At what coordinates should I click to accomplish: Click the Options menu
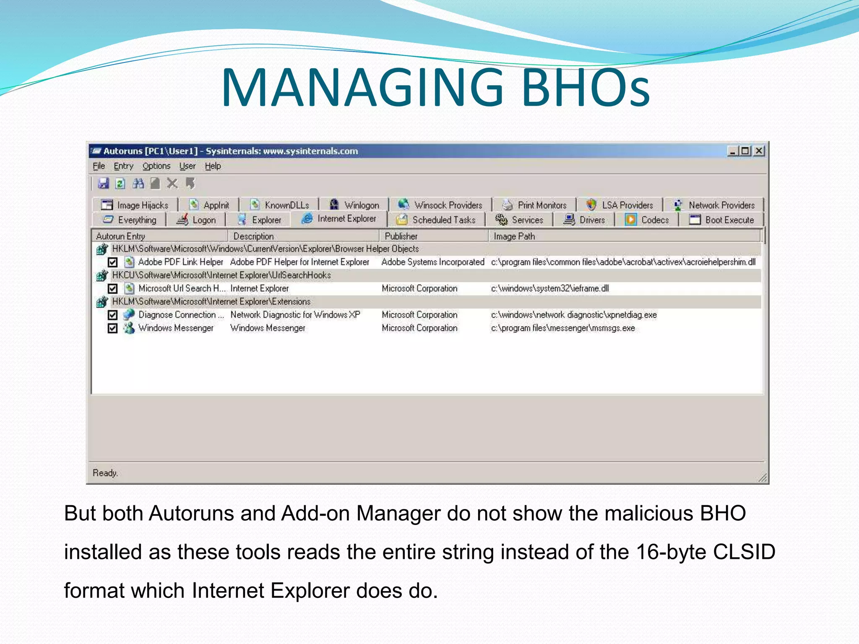156,166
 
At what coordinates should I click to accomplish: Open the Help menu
213,166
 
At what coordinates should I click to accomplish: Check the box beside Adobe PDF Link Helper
112,262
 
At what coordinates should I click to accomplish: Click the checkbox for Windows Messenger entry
112,328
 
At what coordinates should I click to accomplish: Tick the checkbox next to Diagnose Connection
112,315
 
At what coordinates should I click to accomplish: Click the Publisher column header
401,236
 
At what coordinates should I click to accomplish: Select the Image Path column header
514,236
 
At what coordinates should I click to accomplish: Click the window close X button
759,151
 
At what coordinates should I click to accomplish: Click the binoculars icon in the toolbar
138,183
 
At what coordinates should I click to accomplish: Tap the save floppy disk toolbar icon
103,183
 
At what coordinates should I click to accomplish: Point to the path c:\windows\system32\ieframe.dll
549,288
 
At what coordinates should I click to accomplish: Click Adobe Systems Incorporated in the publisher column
432,262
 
